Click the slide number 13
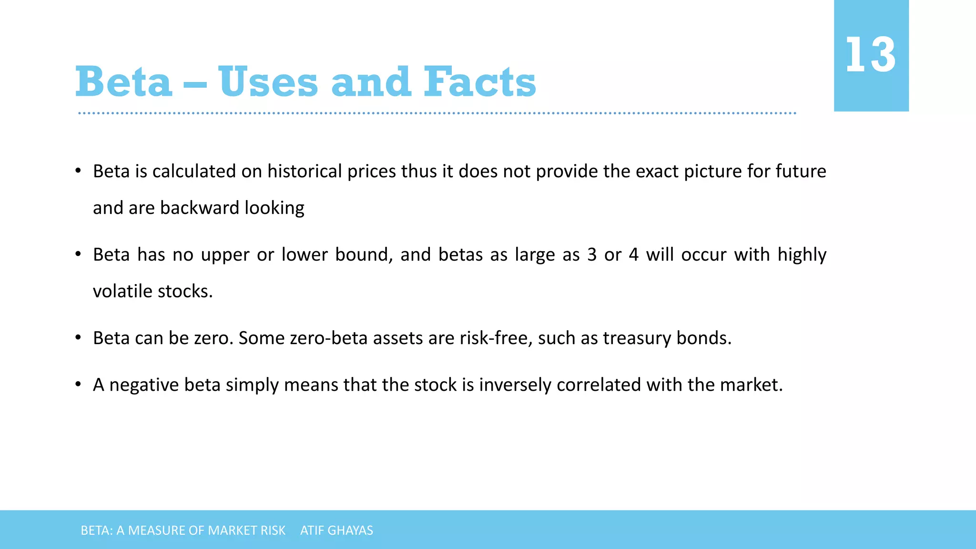click(x=870, y=55)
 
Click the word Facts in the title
click(x=479, y=82)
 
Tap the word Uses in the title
click(x=268, y=82)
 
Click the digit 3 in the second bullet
click(x=592, y=255)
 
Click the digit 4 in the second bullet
click(x=633, y=255)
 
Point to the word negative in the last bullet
click(x=144, y=385)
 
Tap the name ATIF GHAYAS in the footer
click(x=336, y=530)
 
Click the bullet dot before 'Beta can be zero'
click(x=78, y=338)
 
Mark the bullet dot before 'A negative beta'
click(x=78, y=385)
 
